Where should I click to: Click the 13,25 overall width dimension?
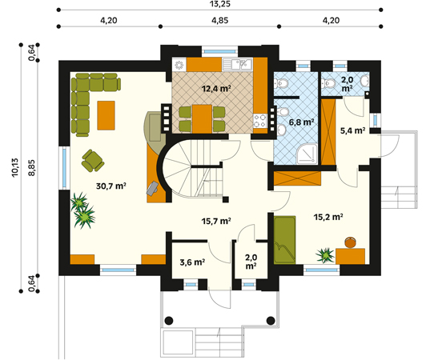click(x=220, y=4)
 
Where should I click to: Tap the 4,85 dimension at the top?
click(x=219, y=21)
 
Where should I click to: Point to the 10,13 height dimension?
click(x=15, y=167)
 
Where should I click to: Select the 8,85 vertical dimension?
click(x=32, y=167)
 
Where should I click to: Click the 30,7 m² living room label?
click(x=111, y=186)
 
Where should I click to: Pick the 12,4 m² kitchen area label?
click(x=216, y=89)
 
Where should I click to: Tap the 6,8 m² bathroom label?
click(x=301, y=122)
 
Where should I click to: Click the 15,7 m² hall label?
click(x=216, y=221)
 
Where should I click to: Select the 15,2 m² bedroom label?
click(x=328, y=217)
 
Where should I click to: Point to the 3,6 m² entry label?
click(x=192, y=262)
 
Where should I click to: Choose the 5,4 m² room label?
click(x=352, y=130)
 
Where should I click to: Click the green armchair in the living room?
click(x=93, y=161)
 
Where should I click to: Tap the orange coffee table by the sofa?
click(x=106, y=115)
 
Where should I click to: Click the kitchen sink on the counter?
click(x=237, y=65)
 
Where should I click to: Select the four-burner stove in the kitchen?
click(x=259, y=121)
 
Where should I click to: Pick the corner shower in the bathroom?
click(x=307, y=154)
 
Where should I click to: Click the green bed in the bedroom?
click(x=284, y=240)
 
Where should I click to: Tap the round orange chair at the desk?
click(x=351, y=242)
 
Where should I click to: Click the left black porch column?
click(x=169, y=320)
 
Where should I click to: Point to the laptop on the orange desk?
click(x=152, y=189)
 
